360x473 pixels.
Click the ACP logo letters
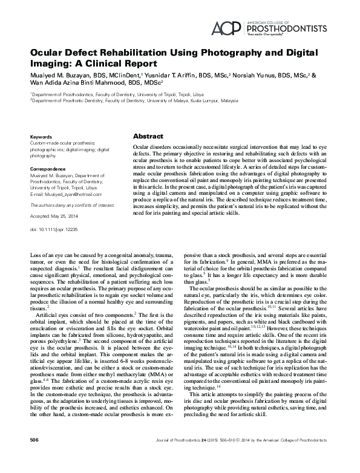[x=225, y=27]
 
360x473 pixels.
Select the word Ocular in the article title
[x=50, y=53]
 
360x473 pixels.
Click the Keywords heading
[x=41, y=137]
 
